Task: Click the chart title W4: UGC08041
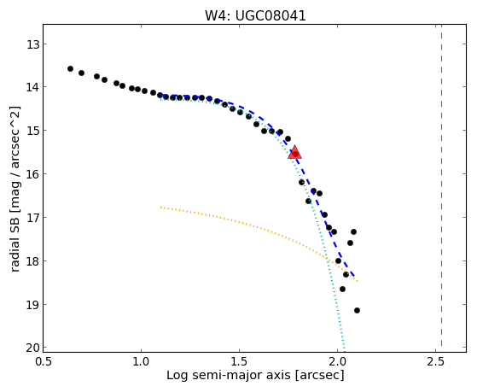click(x=255, y=15)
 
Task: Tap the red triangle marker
click(x=294, y=152)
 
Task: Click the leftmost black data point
click(x=70, y=69)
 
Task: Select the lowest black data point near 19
click(x=358, y=310)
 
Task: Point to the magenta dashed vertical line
click(x=441, y=188)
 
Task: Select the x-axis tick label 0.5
click(x=44, y=362)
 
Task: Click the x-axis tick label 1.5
click(x=240, y=362)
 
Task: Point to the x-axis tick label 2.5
click(x=436, y=362)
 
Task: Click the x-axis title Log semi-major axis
click(x=229, y=375)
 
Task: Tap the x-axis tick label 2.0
click(x=338, y=362)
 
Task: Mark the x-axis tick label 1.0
click(x=141, y=362)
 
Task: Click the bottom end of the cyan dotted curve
click(x=345, y=351)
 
